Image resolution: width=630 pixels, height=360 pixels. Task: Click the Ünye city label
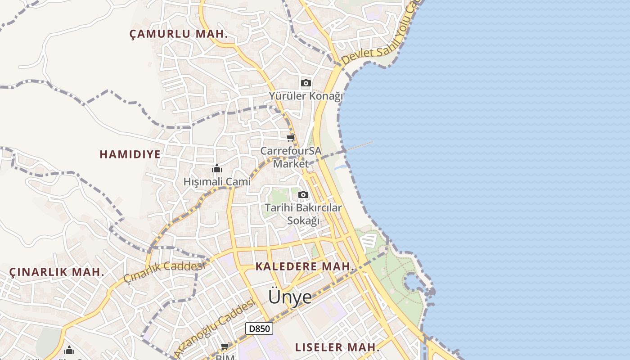coord(290,297)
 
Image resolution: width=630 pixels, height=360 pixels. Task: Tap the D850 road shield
coord(260,328)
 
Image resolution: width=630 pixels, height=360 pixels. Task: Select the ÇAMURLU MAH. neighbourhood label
coord(179,34)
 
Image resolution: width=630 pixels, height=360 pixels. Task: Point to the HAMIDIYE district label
coord(130,154)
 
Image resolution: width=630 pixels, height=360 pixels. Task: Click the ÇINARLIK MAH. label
coord(57,272)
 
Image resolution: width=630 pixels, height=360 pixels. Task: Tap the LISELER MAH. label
coord(337,347)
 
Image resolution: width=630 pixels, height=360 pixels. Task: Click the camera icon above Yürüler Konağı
coord(306,83)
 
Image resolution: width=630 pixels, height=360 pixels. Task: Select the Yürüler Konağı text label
coord(306,96)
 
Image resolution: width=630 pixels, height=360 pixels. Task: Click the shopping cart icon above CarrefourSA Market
coord(291,138)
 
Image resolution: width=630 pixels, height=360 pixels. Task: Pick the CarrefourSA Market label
coord(291,157)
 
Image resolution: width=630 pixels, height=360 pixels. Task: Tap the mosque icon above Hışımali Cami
coord(217,169)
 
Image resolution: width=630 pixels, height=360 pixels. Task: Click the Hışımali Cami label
coord(217,182)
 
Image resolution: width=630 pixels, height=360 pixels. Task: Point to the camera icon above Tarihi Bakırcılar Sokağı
coord(303,194)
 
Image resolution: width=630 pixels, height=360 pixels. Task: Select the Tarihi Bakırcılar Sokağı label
coord(303,214)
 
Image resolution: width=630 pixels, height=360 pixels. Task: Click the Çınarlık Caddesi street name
coord(165,271)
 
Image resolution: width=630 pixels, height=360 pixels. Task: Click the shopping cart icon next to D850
coord(225,346)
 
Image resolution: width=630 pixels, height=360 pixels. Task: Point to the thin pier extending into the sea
coord(360,146)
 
